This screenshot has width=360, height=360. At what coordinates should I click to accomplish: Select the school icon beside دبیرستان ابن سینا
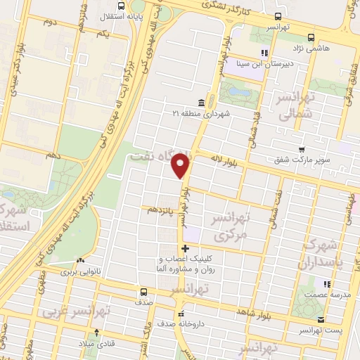(x=264, y=53)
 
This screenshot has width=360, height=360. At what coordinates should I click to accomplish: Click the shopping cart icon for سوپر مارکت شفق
(x=302, y=150)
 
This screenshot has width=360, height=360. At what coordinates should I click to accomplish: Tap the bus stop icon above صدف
(x=143, y=292)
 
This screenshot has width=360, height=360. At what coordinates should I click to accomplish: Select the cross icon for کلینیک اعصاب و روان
(x=185, y=248)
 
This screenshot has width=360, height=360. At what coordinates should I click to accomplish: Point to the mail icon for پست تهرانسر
(x=321, y=330)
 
